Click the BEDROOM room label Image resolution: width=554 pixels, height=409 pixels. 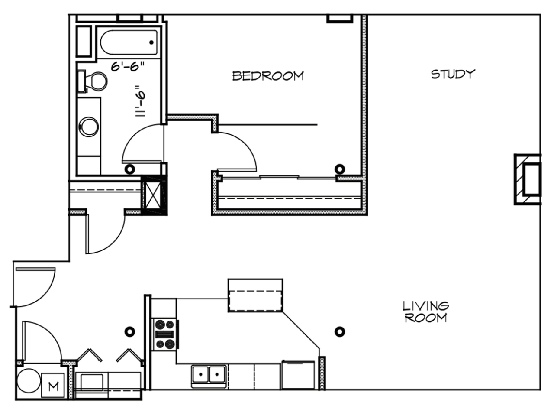(x=268, y=76)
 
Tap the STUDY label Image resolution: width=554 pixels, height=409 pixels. (x=453, y=74)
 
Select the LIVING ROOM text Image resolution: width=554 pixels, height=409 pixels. (x=426, y=312)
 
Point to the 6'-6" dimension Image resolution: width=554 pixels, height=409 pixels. (x=128, y=66)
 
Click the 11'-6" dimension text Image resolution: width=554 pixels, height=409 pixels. (x=140, y=101)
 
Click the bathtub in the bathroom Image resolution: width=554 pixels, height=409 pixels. (x=129, y=42)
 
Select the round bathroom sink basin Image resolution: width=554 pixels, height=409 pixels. (x=89, y=127)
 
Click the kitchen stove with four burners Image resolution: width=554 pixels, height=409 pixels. (x=164, y=334)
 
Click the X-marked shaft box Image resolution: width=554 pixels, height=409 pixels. (x=154, y=195)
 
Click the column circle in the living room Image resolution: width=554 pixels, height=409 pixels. (x=340, y=331)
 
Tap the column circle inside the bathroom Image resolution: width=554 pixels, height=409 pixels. (x=130, y=169)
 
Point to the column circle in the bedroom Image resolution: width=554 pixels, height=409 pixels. (x=340, y=169)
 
